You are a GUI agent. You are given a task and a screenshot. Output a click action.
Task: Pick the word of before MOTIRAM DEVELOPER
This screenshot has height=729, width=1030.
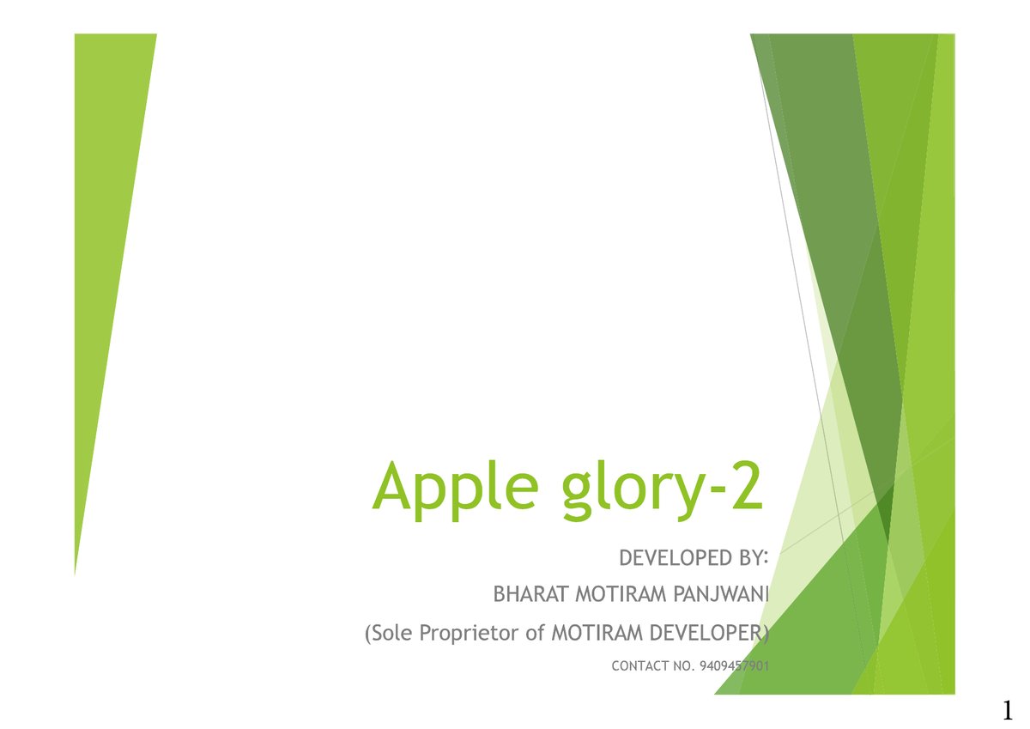[x=535, y=634]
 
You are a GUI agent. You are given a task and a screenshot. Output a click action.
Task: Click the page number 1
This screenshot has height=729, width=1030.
[x=1007, y=710]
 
